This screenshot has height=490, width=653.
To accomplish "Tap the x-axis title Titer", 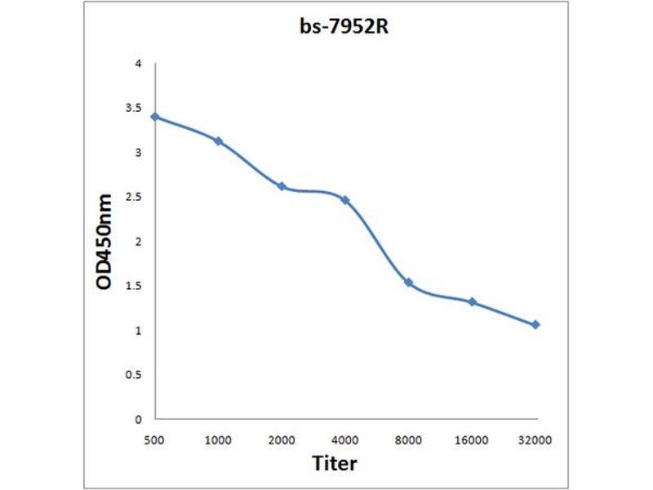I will (x=335, y=464).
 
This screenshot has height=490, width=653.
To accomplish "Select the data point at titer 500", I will (x=155, y=117).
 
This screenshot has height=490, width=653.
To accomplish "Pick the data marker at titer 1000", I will (x=218, y=141).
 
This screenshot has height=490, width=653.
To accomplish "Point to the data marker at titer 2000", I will (x=282, y=186).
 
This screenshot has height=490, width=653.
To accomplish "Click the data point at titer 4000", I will (x=345, y=200).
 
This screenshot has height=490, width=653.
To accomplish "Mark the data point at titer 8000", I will (x=409, y=283).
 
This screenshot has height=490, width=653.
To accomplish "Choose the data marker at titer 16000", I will (x=473, y=302).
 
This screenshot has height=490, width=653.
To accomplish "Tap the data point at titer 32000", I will (x=535, y=325).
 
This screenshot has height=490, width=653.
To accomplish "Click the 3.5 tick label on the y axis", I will (x=136, y=108).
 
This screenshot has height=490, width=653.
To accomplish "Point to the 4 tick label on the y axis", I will (x=139, y=64).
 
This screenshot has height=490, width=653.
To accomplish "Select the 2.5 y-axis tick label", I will (x=136, y=197).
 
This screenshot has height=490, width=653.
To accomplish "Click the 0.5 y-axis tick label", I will (x=136, y=375).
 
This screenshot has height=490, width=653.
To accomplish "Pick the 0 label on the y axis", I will (x=139, y=419).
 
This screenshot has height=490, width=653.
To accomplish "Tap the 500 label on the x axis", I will (x=155, y=440).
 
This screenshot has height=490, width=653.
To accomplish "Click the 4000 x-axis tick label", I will (x=345, y=440).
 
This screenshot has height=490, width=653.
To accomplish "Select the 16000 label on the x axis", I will (x=473, y=440).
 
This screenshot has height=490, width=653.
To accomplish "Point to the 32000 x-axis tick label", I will (x=535, y=440).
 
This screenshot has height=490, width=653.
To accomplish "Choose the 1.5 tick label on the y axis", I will (x=136, y=286).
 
